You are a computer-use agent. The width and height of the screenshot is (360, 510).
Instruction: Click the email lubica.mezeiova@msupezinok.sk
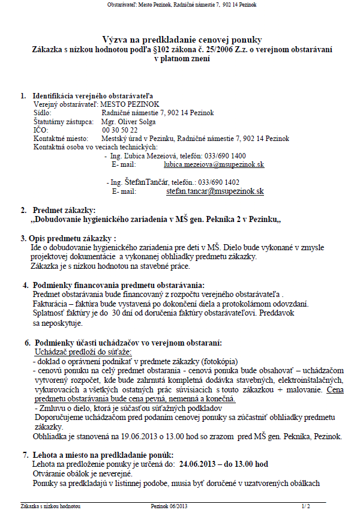click(214, 164)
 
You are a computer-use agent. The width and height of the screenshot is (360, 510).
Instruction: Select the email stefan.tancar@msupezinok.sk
click(215, 191)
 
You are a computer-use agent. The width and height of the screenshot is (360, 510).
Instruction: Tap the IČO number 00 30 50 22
click(120, 130)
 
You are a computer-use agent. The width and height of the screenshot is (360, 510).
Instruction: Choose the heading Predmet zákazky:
click(64, 210)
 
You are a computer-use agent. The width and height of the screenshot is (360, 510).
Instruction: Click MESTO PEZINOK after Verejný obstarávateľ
click(125, 104)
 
